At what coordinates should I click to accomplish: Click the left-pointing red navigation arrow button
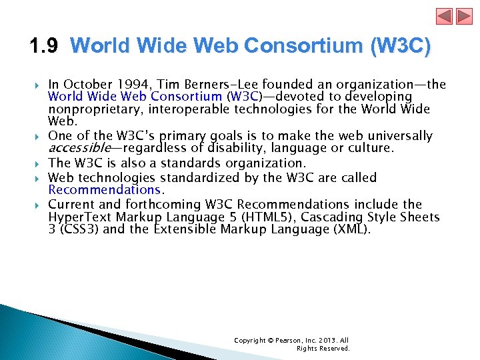(445, 17)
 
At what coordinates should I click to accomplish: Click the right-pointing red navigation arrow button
(464, 17)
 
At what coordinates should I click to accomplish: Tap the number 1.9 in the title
(44, 46)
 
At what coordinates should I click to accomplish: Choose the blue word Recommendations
(105, 191)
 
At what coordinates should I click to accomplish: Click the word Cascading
(347, 217)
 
